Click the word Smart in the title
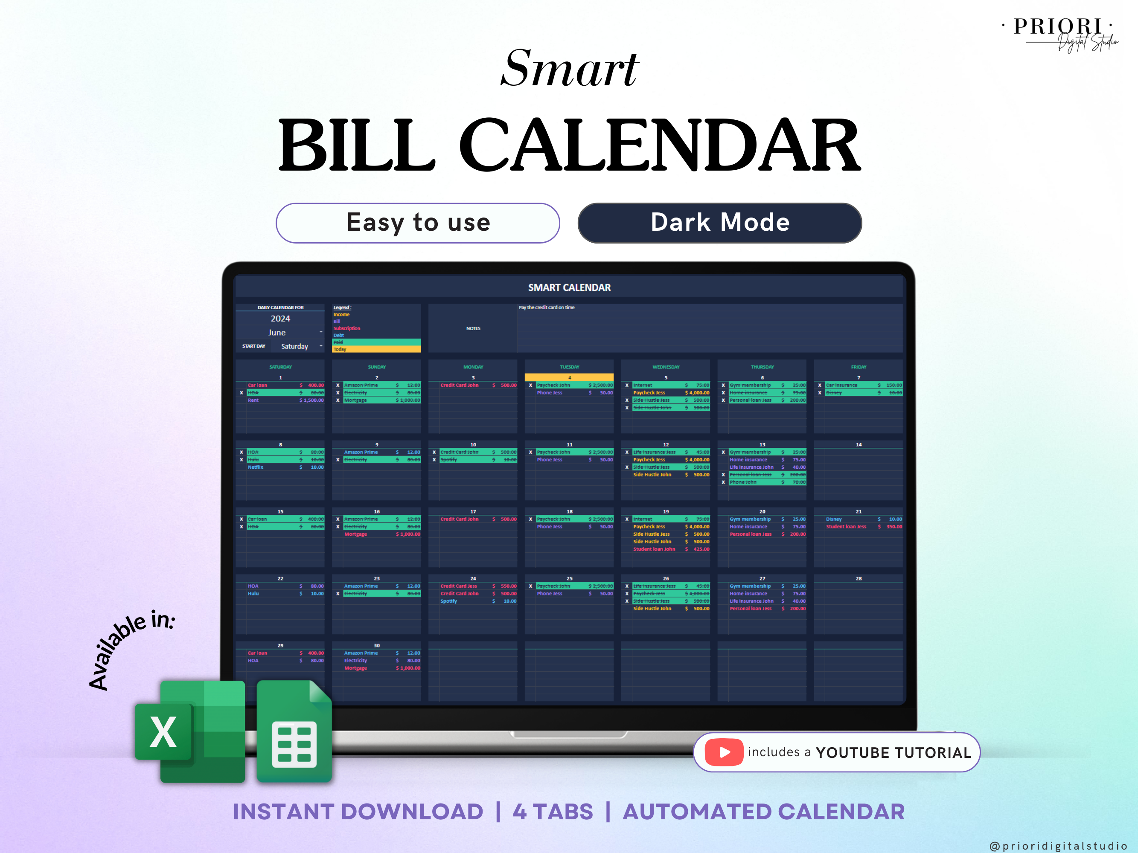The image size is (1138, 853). (x=569, y=69)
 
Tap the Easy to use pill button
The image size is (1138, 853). (x=418, y=223)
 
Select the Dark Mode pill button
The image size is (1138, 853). (x=719, y=223)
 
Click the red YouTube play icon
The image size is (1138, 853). (x=723, y=752)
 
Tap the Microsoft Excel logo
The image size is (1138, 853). (x=189, y=731)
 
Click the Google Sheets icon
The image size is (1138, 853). (x=294, y=731)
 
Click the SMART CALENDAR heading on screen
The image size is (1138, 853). (x=569, y=287)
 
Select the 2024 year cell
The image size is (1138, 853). (x=280, y=319)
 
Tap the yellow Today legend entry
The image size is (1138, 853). (x=377, y=350)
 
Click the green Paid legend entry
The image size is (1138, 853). (x=377, y=342)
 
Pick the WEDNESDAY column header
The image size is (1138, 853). (x=666, y=367)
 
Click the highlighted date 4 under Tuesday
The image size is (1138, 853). (x=569, y=377)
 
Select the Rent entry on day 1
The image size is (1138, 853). (x=253, y=400)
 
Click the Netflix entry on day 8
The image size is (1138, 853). (x=256, y=467)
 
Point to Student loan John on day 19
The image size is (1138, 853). (x=654, y=549)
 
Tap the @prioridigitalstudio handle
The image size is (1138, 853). (x=1059, y=846)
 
